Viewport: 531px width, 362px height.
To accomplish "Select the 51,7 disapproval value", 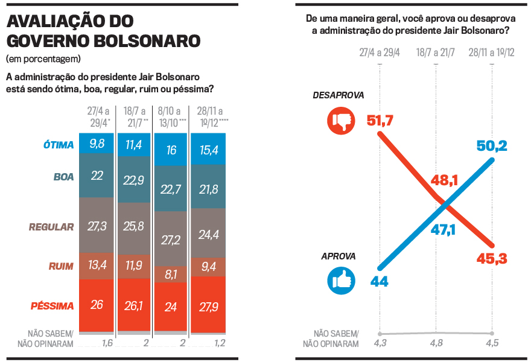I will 380,121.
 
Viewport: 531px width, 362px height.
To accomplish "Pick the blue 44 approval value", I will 380,281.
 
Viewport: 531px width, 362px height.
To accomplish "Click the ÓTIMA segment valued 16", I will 171,150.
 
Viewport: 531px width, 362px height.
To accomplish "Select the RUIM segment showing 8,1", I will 171,275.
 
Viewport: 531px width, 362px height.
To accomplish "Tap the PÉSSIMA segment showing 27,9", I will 208,305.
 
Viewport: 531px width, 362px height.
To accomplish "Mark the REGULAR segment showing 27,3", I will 97,226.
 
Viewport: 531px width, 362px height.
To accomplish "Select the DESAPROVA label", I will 339,95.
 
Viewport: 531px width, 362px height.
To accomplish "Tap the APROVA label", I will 339,256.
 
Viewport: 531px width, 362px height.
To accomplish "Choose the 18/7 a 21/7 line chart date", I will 435,53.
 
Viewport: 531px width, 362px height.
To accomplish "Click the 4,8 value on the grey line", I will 435,344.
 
